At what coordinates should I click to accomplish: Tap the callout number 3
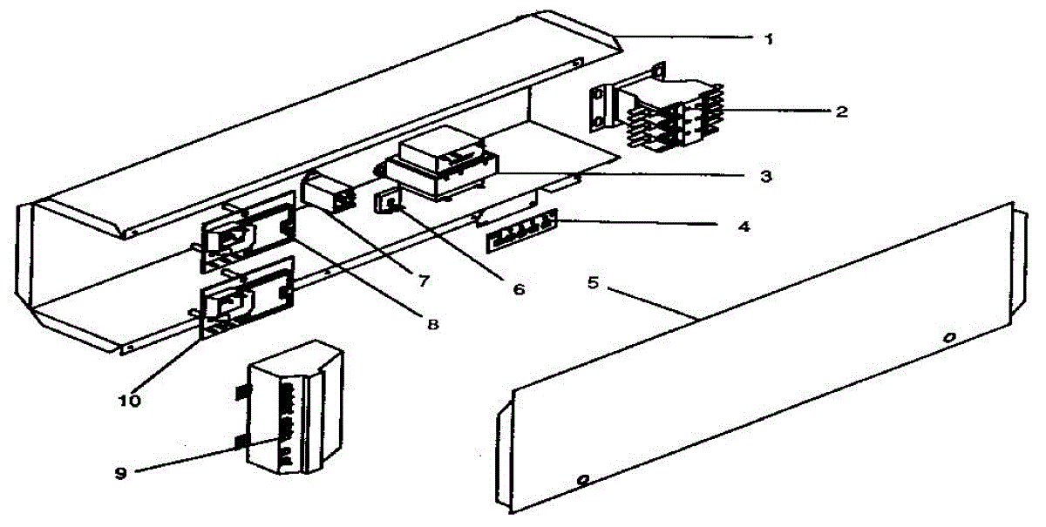click(764, 175)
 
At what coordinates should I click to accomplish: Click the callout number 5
click(593, 283)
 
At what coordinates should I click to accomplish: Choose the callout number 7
click(424, 280)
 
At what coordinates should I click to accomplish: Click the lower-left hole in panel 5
click(583, 478)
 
